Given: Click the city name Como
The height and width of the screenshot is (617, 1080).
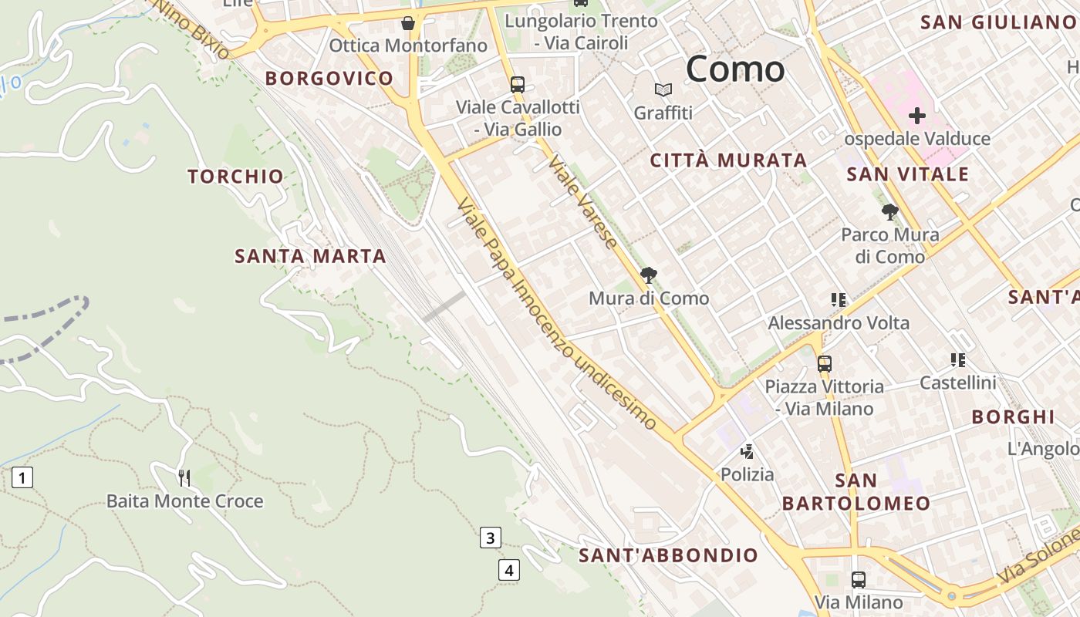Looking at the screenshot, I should (x=734, y=69).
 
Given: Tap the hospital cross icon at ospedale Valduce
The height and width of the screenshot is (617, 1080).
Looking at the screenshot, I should (x=916, y=116).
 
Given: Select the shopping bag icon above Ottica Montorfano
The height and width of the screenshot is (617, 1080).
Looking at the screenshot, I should (x=408, y=24).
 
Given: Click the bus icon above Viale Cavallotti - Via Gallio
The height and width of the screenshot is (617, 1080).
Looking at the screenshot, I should (x=517, y=84).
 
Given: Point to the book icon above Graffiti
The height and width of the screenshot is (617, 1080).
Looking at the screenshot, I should (x=663, y=90).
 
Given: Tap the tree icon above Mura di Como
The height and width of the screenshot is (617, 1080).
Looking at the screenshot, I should (x=649, y=275).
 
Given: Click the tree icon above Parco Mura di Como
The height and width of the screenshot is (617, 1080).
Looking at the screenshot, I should (x=889, y=211).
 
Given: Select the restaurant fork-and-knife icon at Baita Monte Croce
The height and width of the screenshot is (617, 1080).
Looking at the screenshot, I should (x=184, y=478).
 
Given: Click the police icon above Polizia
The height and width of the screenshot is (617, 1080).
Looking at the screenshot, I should (x=746, y=451).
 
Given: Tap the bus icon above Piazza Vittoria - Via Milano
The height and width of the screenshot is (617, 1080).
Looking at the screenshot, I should (x=824, y=363).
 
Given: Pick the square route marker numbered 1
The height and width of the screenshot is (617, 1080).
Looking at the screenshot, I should (x=22, y=478).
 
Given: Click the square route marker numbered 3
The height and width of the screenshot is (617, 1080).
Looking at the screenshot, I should (x=490, y=538).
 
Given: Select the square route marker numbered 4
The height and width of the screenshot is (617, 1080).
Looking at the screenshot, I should (x=508, y=571).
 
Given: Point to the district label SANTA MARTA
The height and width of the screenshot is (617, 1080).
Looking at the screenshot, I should (x=310, y=256).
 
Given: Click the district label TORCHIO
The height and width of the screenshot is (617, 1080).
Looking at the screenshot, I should (x=236, y=176).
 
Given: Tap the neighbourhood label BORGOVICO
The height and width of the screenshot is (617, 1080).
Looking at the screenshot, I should (x=329, y=78).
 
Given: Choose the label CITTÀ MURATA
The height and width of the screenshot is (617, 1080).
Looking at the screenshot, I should (x=728, y=160).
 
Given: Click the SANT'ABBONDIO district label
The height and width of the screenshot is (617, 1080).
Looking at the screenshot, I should (x=668, y=555).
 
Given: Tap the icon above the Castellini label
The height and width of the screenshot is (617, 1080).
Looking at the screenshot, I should (x=957, y=359).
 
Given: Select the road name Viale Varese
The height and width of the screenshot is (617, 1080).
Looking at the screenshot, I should (x=583, y=203).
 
